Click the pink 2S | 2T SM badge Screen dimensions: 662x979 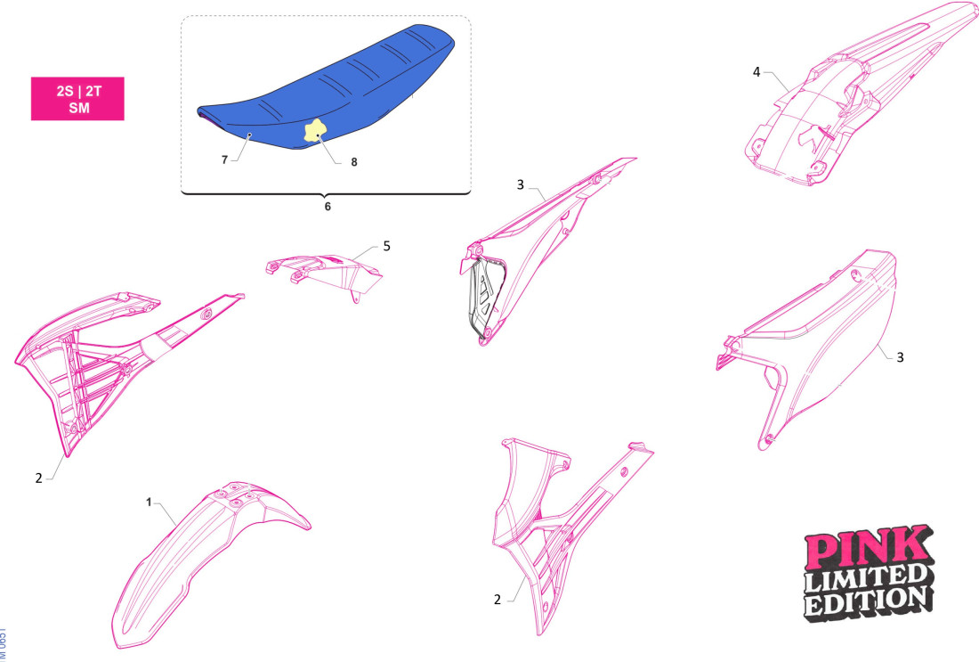click(77, 98)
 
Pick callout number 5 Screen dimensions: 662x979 click(386, 245)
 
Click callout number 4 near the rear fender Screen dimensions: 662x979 click(756, 71)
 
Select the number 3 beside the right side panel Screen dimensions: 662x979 click(900, 356)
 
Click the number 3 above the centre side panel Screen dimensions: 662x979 click(521, 184)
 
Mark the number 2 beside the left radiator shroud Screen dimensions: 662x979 click(39, 478)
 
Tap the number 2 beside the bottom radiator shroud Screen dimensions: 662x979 click(498, 600)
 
